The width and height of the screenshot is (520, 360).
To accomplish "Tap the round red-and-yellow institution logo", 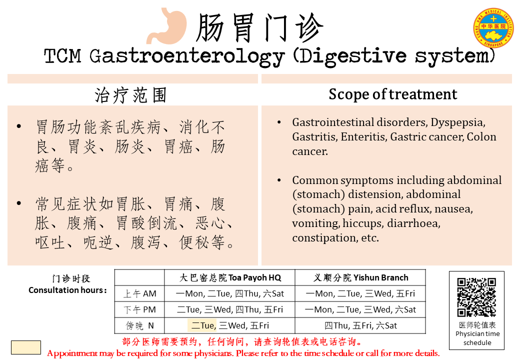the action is click(x=493, y=28).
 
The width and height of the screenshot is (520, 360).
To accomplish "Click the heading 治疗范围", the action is click(x=130, y=95).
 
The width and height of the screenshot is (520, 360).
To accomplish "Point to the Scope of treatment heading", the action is click(x=392, y=94).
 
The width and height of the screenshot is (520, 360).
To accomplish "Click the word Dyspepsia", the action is click(x=458, y=123).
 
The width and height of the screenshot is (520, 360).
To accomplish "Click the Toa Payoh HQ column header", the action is click(x=230, y=278).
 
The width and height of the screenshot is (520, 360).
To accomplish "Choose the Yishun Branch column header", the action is click(x=361, y=278).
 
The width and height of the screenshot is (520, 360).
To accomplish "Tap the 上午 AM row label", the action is click(x=139, y=293).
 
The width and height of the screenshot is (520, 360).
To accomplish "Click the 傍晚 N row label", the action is click(x=139, y=326).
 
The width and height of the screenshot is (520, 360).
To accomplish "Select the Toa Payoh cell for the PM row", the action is click(x=230, y=309).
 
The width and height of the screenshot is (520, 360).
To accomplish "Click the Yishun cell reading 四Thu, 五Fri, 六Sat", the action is click(x=360, y=326).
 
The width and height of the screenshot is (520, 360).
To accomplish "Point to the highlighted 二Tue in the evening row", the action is click(x=202, y=325).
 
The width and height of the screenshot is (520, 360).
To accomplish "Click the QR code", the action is click(x=476, y=297).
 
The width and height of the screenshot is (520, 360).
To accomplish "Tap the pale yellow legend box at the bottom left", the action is click(x=26, y=347).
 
